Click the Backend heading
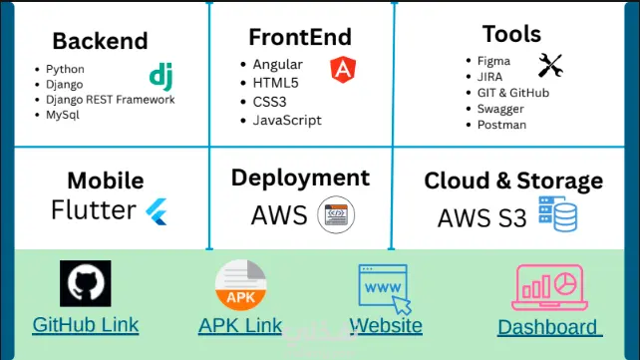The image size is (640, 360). coord(100,41)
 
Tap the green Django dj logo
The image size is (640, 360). coord(161,77)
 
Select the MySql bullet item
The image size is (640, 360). coord(63,115)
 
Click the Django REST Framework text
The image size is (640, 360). coord(111,99)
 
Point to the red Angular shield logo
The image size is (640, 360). coord(343,70)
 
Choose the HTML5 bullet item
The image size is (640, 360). coord(275,83)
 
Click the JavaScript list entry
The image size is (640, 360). coord(287,121)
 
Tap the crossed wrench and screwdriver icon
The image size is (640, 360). coord(550,65)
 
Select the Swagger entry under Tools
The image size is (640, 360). coord(500,109)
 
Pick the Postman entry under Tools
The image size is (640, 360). coord(501,125)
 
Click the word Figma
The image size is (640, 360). coord(493,61)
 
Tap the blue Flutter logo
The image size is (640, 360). coord(157,211)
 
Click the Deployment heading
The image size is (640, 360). coord(300,178)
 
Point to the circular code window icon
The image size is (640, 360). coord(336,214)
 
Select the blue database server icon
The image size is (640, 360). coord(557,213)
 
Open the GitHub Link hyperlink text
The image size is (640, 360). coord(86,325)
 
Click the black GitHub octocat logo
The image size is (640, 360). coord(86,283)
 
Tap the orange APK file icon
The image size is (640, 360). coord(241,285)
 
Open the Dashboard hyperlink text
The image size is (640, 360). coord(549,327)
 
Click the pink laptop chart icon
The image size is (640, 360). coord(549,288)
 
